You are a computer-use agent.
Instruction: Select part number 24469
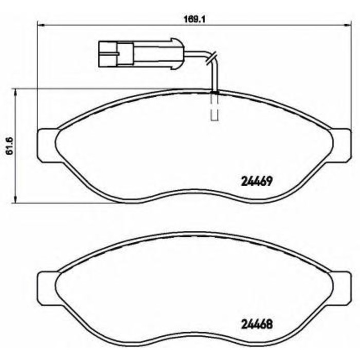click(x=256, y=181)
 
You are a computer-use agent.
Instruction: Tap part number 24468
click(x=256, y=325)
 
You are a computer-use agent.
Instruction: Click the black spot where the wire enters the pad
click(x=214, y=92)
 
